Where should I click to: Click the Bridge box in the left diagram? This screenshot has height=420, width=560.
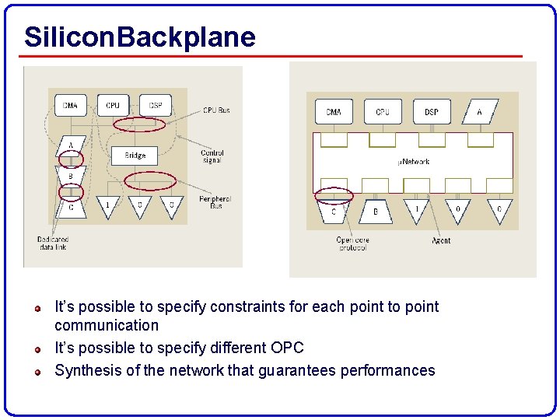135,156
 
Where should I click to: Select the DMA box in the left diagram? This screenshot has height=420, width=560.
70,105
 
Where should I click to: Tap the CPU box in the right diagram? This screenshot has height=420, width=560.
383,112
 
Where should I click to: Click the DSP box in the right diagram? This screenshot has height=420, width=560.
431,112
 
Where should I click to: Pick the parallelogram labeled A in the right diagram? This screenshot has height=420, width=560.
479,112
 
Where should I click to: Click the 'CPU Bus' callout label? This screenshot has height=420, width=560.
216,110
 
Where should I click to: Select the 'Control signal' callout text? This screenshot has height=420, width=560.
212,157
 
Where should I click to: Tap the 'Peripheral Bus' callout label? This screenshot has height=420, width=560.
215,202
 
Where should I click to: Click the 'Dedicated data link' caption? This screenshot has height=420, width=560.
52,243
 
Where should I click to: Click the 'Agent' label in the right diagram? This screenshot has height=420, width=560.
441,241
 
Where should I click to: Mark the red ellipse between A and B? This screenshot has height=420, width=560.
71,159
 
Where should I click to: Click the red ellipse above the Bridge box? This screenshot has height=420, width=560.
139,124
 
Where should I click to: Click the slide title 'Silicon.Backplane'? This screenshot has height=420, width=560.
140,37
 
